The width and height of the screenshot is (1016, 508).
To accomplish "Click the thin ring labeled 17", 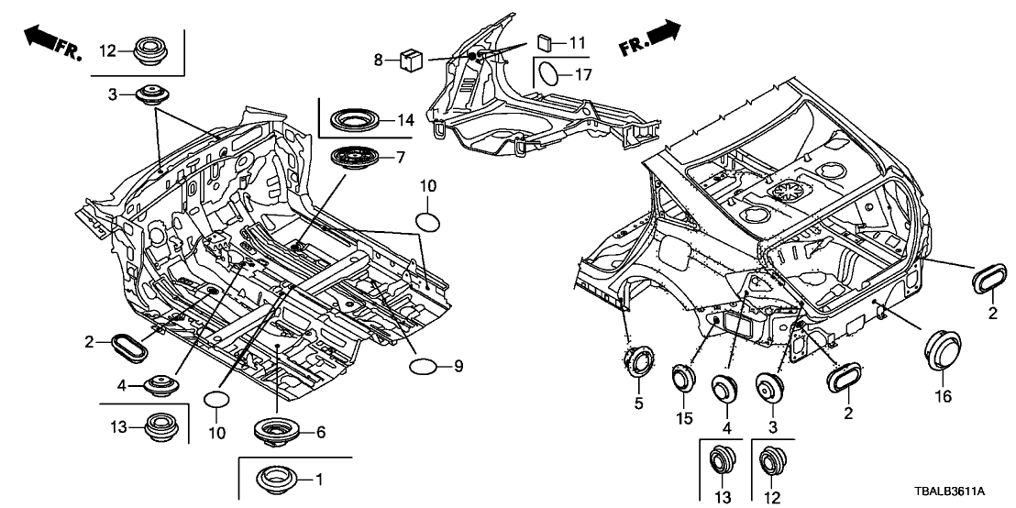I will (547, 73).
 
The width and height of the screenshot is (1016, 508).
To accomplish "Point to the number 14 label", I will (404, 119).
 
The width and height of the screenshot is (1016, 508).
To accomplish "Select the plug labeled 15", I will (682, 378).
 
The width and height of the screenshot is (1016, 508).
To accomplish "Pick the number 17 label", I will (584, 74).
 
